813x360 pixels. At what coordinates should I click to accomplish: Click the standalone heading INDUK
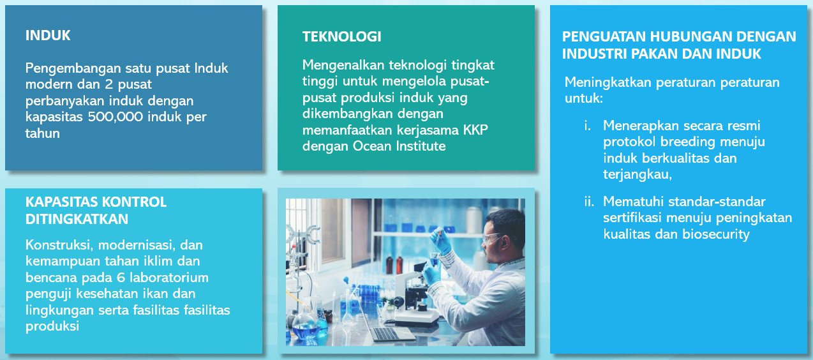(x=48, y=36)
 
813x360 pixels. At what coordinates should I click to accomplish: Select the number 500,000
(x=116, y=117)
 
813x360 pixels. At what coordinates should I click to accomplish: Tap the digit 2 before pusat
(x=109, y=84)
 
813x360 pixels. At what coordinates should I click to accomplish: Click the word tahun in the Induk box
(x=43, y=133)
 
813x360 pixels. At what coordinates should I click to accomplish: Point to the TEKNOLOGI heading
(x=341, y=36)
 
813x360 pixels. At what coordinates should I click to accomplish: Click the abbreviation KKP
(x=475, y=130)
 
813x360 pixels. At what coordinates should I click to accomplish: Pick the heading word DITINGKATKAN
(x=77, y=219)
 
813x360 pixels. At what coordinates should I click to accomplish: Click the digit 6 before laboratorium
(x=121, y=278)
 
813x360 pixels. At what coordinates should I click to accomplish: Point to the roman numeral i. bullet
(x=587, y=126)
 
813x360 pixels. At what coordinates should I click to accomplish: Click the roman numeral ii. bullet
(x=589, y=202)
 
